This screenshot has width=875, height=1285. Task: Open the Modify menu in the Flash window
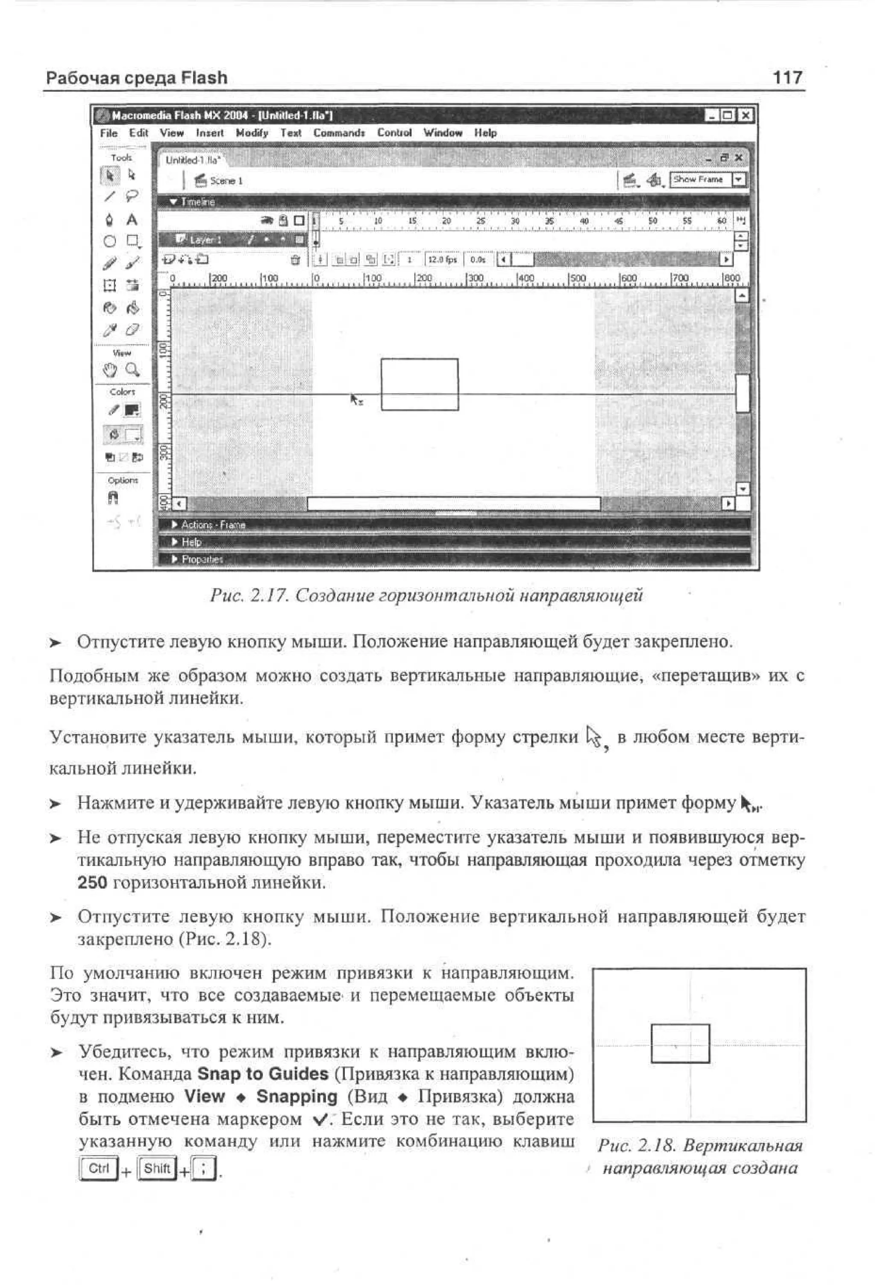coord(252,133)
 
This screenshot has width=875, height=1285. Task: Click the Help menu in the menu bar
coord(485,133)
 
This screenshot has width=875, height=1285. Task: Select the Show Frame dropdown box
coord(700,180)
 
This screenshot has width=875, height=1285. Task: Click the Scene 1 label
coord(226,181)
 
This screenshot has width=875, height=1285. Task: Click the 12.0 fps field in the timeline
coord(442,259)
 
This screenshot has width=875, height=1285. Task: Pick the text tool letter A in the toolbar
coord(132,220)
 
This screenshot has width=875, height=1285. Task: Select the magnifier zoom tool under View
coord(132,369)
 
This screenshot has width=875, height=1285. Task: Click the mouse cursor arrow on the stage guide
coord(355,399)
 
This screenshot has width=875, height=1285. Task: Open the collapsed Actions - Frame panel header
coord(213,525)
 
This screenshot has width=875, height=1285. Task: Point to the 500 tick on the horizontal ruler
coord(577,279)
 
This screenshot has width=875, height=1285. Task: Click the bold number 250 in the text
coord(92,882)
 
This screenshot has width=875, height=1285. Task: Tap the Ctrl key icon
coord(98,1168)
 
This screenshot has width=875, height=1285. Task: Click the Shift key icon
coord(156,1168)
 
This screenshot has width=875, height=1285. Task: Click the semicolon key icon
coord(204,1169)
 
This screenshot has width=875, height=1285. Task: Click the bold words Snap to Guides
coord(263,1074)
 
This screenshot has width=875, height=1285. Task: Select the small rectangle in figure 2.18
coord(680,1044)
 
